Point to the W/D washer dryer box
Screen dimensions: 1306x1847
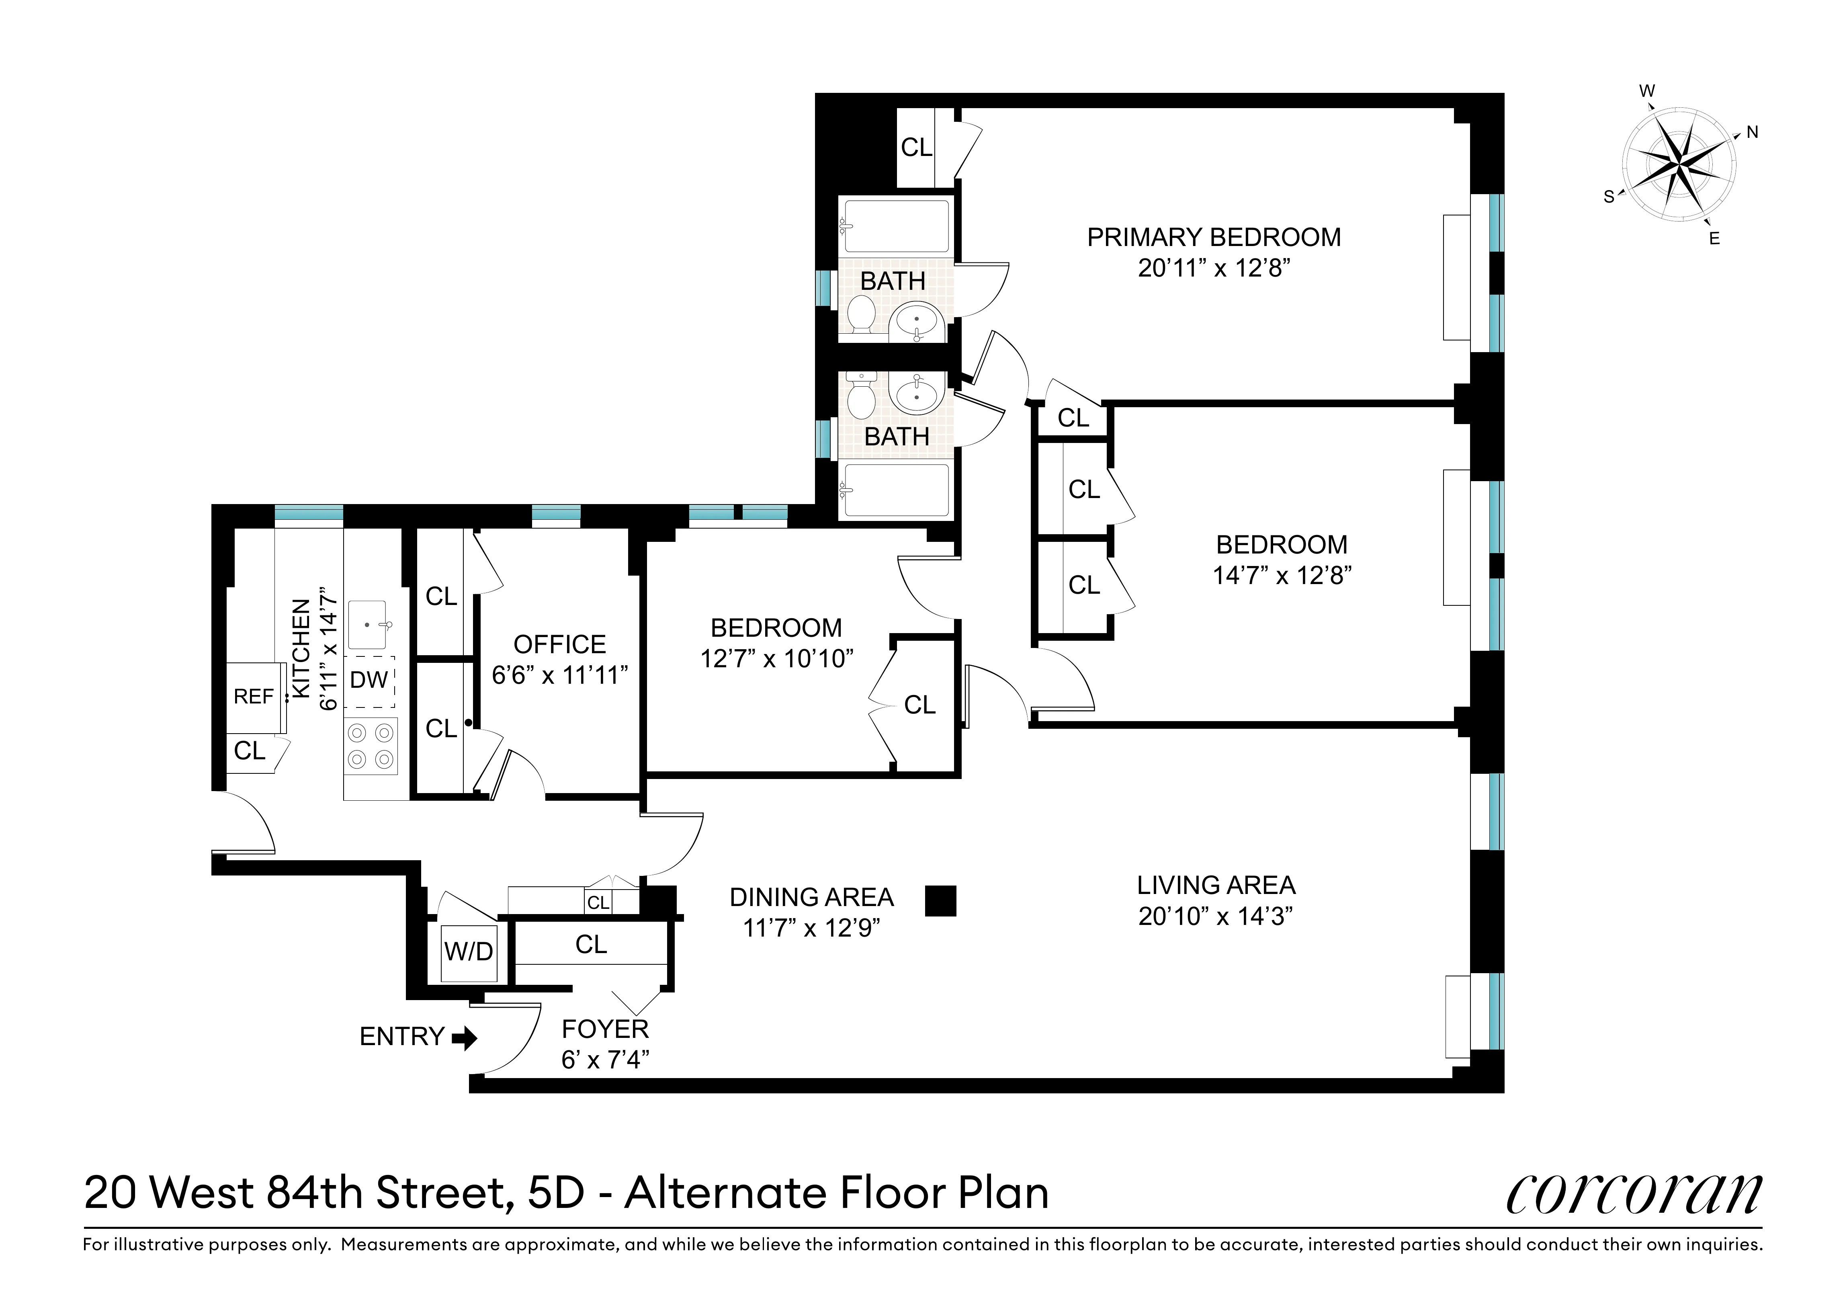coord(469,953)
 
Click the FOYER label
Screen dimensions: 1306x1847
coord(605,1029)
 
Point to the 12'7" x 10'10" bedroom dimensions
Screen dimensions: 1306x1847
coord(776,659)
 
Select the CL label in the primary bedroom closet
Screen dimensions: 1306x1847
coord(916,147)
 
